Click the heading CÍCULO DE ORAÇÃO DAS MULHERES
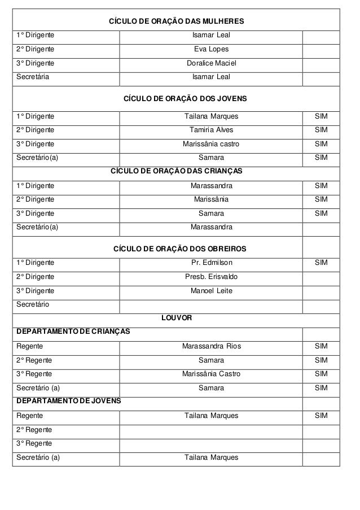[176, 21]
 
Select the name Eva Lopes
[211, 49]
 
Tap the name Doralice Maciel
[211, 63]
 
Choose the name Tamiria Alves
[211, 130]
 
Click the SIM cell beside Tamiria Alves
[321, 130]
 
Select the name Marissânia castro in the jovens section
[211, 144]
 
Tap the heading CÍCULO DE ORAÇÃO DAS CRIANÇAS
[176, 171]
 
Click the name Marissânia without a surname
[211, 199]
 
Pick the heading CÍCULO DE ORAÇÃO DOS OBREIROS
[180, 249]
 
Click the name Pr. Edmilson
[211, 263]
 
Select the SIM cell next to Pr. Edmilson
[321, 263]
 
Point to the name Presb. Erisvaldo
[211, 277]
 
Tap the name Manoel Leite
[211, 291]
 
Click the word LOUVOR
[176, 318]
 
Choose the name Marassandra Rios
[211, 346]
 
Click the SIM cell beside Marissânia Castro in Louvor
[321, 374]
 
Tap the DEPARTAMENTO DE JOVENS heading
[68, 401]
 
